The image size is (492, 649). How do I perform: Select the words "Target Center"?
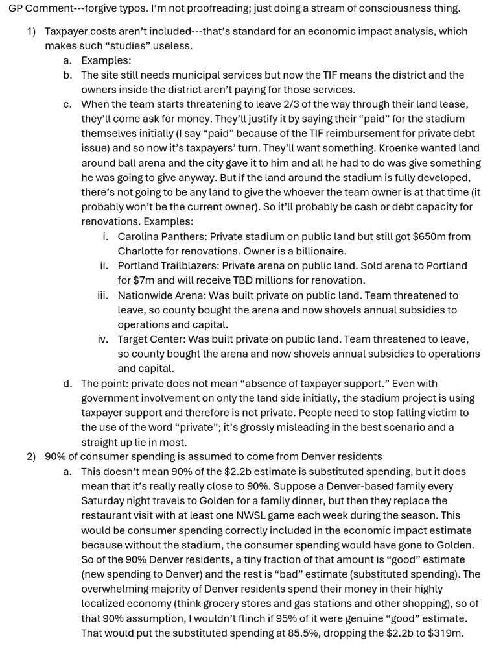click(150, 339)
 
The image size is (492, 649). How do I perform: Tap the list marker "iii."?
click(102, 295)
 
